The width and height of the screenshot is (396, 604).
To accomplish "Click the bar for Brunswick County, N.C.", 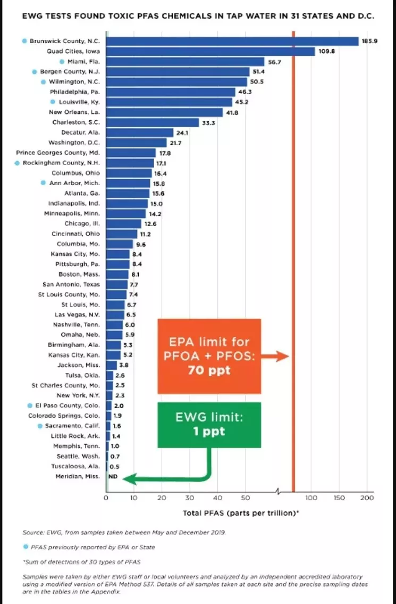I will coord(232,41).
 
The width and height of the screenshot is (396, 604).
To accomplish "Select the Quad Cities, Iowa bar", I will coord(210,52).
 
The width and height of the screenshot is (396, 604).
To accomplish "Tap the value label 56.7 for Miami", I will coord(274,62).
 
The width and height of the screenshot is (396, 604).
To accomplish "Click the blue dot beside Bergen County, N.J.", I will coord(35,71).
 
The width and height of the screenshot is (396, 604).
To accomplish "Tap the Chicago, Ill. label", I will coord(82,224).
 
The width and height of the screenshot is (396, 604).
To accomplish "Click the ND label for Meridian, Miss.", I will coord(113,476).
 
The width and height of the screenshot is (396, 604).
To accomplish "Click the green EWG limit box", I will coord(209,424).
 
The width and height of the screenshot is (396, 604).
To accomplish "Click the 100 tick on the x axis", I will coord(311,498).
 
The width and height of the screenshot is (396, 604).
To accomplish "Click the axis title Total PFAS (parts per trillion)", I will coord(240,513).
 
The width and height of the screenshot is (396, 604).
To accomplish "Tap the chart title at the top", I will coord(198,16).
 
